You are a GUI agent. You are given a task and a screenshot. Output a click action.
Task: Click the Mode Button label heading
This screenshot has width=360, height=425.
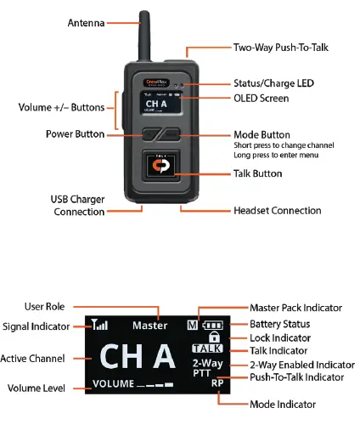(x=262, y=135)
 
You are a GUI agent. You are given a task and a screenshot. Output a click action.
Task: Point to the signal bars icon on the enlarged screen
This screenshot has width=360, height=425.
(x=100, y=324)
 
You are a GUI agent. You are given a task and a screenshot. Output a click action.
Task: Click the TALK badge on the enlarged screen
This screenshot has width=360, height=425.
(x=208, y=348)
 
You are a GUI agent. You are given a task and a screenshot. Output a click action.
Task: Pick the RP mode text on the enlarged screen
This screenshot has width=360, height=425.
(x=217, y=383)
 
